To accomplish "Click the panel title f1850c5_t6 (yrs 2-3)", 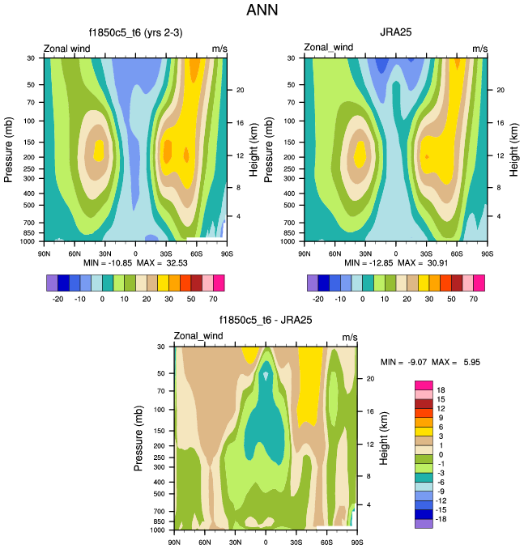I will pyautogui.click(x=135, y=34).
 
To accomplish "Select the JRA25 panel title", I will pyautogui.click(x=396, y=34).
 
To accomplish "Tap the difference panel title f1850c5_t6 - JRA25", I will pyautogui.click(x=266, y=320).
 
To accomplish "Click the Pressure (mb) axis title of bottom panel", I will pyautogui.click(x=139, y=438).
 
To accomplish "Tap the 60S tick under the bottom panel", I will pyautogui.click(x=326, y=542).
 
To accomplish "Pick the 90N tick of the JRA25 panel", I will pyautogui.click(x=305, y=253).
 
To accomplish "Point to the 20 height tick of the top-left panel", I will pyautogui.click(x=241, y=90).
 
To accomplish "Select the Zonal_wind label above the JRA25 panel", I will pyautogui.click(x=326, y=49).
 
